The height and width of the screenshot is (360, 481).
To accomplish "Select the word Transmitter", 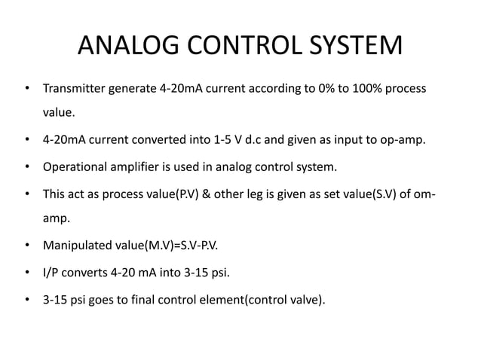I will point(75,89).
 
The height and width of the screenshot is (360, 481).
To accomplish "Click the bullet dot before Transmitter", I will point(26,89).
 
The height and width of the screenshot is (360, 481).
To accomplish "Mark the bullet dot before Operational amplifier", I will point(26,166).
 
